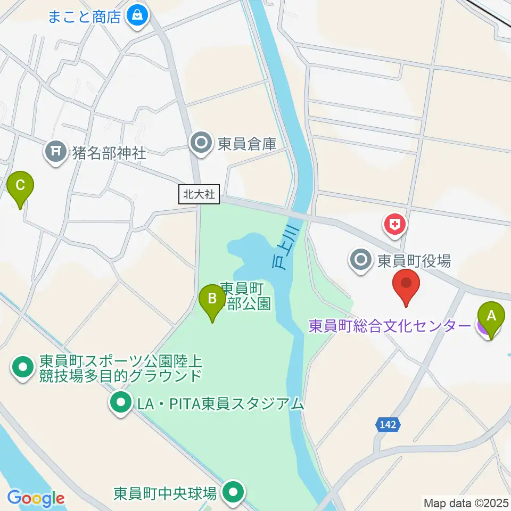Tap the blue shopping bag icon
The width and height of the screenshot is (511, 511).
137,16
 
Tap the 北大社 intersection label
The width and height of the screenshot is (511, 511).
199,195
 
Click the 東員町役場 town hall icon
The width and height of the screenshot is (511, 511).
361,260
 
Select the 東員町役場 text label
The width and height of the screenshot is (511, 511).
414,260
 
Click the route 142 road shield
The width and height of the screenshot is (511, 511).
388,424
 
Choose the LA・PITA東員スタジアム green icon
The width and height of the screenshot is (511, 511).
120,403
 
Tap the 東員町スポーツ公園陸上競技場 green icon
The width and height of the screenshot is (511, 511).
22,368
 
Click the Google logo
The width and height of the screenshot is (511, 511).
36,498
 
